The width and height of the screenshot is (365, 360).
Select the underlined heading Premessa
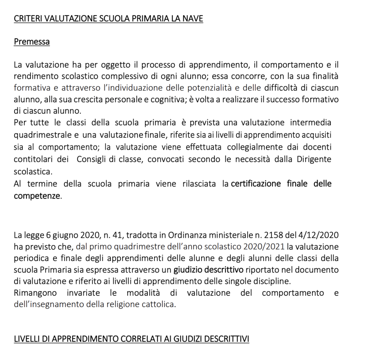tap(31, 42)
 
